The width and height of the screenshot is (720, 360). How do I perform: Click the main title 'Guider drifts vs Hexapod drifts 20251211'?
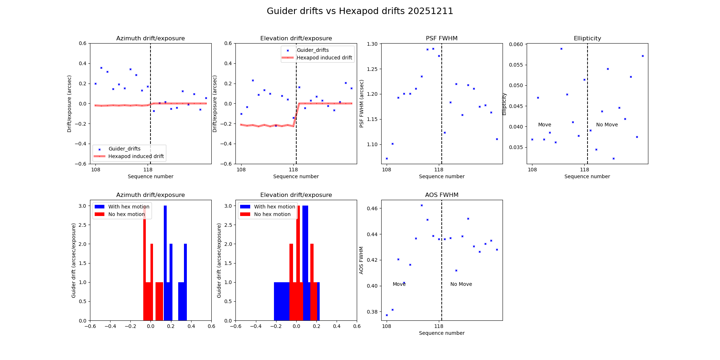click(360, 11)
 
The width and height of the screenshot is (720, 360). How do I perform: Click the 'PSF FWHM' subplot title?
click(441, 39)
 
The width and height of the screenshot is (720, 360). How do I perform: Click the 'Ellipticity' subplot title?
click(587, 39)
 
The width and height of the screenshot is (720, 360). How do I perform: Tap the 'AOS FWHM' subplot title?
click(441, 195)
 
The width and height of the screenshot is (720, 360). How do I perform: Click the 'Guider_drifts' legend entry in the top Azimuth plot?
click(124, 149)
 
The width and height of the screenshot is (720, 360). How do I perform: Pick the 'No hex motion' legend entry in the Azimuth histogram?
click(126, 214)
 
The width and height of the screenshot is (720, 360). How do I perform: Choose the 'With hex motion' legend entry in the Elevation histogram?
click(274, 207)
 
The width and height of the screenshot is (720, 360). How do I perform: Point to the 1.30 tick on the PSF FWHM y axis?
click(372, 44)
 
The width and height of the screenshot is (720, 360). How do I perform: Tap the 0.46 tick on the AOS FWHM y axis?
click(372, 208)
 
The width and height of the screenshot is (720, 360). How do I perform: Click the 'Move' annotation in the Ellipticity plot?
click(544, 125)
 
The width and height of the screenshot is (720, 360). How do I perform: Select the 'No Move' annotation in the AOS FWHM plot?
click(461, 284)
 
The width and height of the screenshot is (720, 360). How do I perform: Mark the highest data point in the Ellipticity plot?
click(561, 49)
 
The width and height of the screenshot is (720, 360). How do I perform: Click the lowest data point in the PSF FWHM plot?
click(387, 158)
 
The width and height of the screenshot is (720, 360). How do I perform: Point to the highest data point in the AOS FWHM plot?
click(422, 205)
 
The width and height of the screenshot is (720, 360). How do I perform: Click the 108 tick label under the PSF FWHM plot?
click(386, 170)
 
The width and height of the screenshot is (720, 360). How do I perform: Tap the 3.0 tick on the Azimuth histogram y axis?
click(82, 206)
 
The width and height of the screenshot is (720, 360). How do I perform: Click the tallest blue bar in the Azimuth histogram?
click(165, 263)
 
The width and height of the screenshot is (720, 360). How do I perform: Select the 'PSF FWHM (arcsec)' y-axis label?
click(362, 104)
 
